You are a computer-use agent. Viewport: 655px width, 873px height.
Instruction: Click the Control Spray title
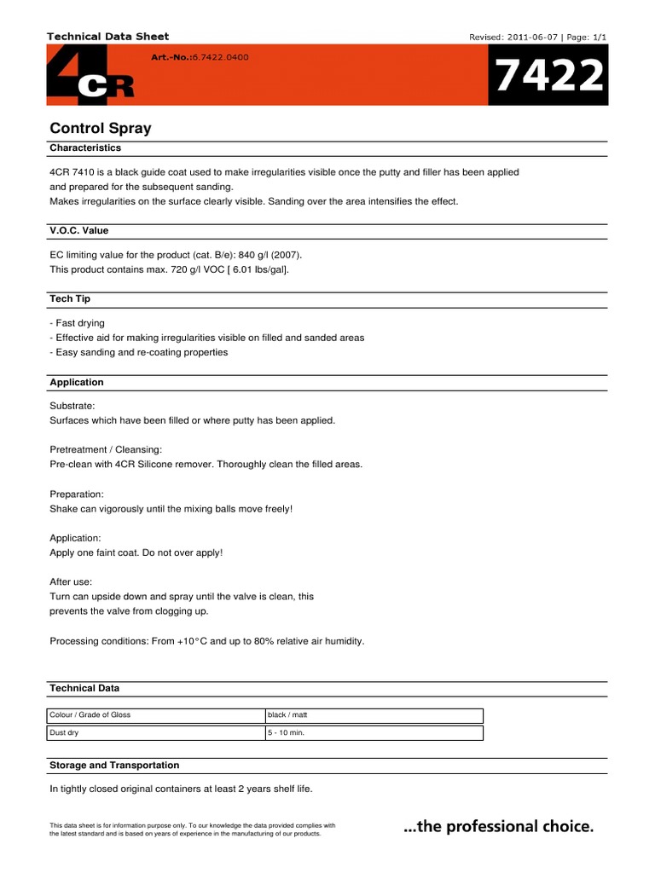click(101, 129)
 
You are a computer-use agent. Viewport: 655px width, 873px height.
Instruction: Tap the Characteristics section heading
click(85, 147)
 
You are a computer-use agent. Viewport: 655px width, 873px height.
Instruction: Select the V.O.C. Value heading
click(79, 230)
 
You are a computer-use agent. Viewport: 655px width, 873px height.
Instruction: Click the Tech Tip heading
click(70, 299)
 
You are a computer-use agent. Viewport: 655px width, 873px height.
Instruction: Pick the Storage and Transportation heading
click(114, 765)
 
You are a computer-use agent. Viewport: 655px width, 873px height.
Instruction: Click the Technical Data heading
click(84, 687)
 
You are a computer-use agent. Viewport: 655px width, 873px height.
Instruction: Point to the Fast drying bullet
click(78, 323)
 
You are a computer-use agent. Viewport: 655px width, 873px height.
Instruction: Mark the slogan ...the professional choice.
click(497, 826)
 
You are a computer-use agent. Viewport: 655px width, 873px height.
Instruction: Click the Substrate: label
click(72, 406)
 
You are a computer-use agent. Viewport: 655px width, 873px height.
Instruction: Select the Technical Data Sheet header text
click(107, 37)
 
